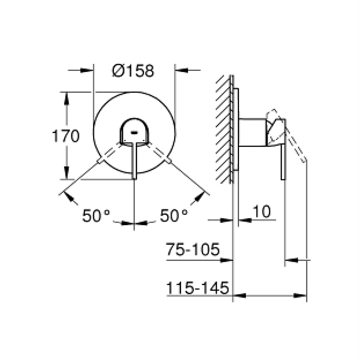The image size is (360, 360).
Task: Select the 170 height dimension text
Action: (65, 136)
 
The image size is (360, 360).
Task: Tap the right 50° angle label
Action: (174, 216)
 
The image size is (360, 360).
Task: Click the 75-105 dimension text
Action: (193, 249)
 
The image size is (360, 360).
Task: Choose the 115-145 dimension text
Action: (198, 288)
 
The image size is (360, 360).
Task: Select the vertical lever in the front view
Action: (135, 160)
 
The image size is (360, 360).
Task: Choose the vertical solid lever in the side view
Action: (283, 160)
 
